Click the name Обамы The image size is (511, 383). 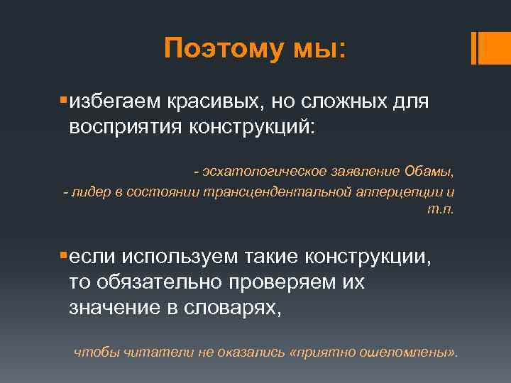(x=429, y=172)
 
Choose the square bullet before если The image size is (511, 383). (x=63, y=254)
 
